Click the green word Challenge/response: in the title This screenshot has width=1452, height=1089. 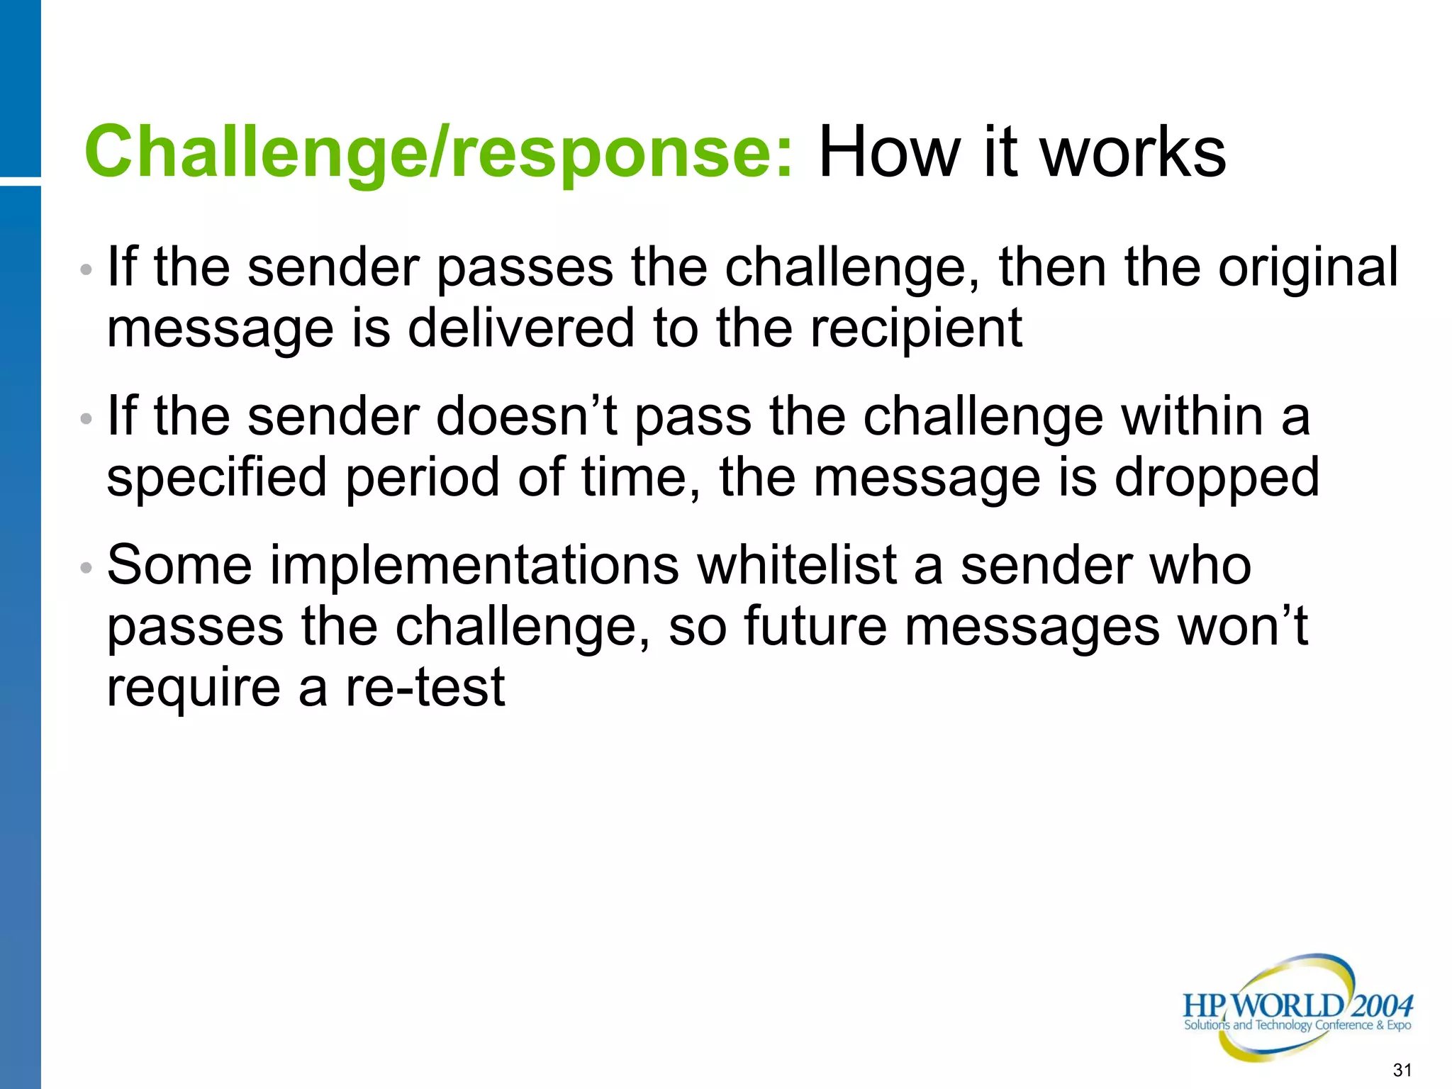point(438,152)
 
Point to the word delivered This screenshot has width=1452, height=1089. point(521,328)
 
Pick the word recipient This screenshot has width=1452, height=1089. point(916,330)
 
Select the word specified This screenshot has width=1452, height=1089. point(217,479)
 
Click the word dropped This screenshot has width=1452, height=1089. point(1217,479)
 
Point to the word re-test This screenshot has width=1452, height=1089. point(425,688)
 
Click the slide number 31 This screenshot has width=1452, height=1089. point(1402,1070)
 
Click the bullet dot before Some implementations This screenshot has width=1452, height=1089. point(86,568)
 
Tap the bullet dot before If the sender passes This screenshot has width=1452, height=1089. point(86,270)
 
